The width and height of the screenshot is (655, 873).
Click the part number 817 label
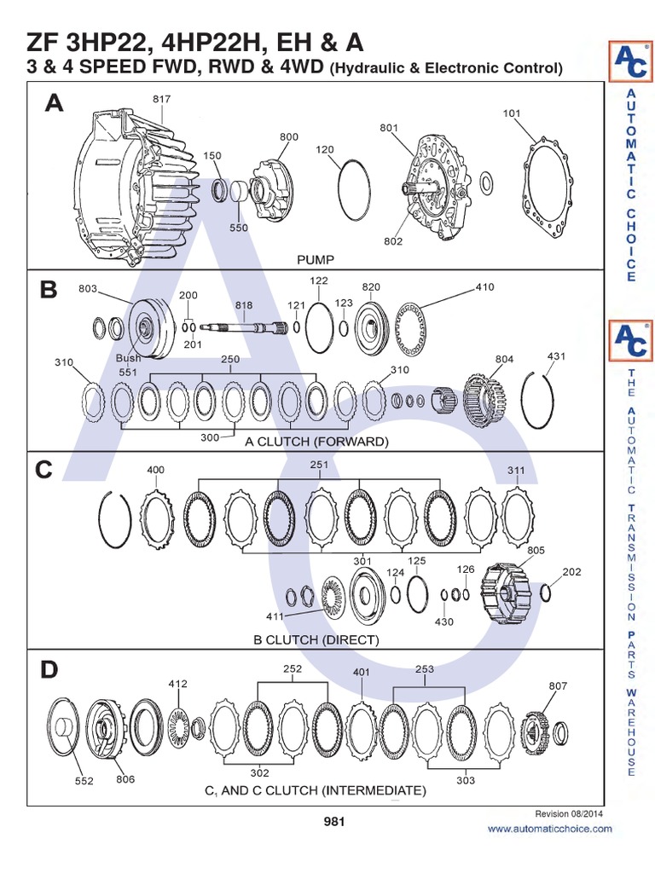pyautogui.click(x=162, y=100)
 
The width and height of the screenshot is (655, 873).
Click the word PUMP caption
pyautogui.click(x=316, y=258)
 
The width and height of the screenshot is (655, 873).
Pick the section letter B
pyautogui.click(x=49, y=291)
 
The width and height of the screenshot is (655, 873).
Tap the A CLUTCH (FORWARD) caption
pyautogui.click(x=316, y=442)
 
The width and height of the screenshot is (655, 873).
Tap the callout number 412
pyautogui.click(x=177, y=683)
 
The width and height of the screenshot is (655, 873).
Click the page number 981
pyautogui.click(x=333, y=822)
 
